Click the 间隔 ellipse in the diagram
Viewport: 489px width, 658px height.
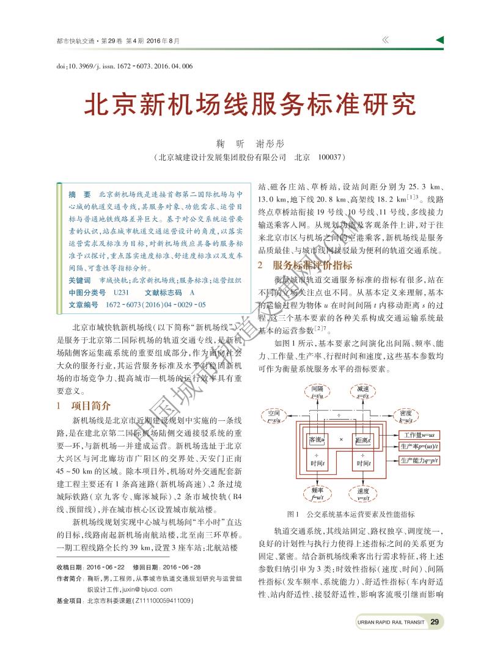[317, 392]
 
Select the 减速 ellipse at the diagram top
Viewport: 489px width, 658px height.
[362, 392]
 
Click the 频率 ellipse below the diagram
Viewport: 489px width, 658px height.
[317, 493]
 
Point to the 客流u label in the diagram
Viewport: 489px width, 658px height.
[317, 439]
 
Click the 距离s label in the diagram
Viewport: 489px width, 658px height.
[363, 439]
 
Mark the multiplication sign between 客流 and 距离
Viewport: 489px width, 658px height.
[340, 439]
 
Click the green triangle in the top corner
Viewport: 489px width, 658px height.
[439, 40]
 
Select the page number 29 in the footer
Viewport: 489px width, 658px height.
[435, 622]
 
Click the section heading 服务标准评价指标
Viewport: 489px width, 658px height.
[304, 265]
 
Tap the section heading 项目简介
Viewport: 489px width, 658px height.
[86, 405]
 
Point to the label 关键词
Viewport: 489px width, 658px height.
[79, 280]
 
